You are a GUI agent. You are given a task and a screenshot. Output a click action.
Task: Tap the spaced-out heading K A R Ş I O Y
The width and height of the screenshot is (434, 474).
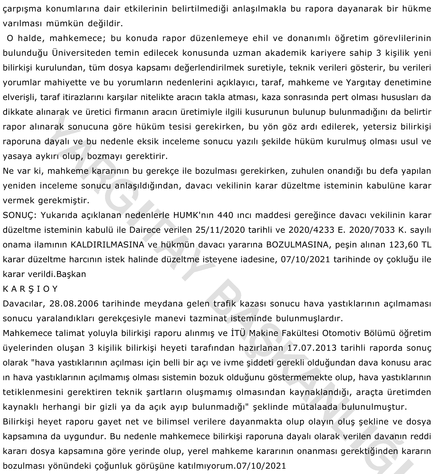pos(30,289)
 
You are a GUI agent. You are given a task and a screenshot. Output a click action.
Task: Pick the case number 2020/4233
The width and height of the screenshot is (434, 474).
pos(312,230)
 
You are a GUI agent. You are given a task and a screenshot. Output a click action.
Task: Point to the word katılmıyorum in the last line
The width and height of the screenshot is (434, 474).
pos(205,466)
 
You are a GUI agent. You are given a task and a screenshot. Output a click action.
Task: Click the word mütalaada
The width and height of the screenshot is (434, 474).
pos(315,407)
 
